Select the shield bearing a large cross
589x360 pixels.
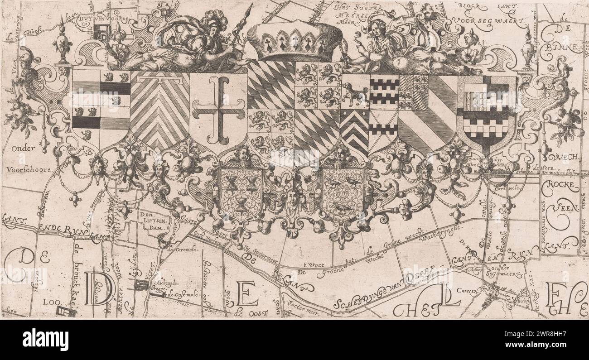click(218, 111)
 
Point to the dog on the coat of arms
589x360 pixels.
click(355, 94)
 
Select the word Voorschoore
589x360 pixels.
click(28, 169)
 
